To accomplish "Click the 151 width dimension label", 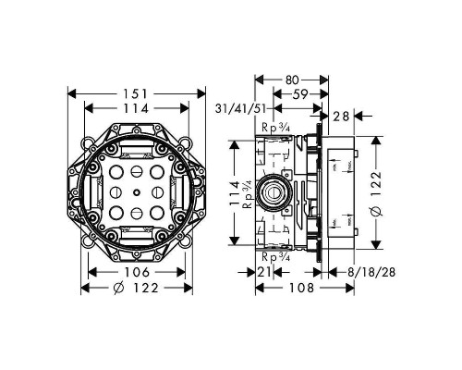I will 137,92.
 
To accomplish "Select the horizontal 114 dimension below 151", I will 137,108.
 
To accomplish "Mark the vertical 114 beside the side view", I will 235,191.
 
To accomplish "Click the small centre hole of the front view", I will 137,191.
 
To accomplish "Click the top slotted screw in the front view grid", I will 137,172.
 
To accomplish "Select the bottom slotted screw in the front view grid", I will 137,212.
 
